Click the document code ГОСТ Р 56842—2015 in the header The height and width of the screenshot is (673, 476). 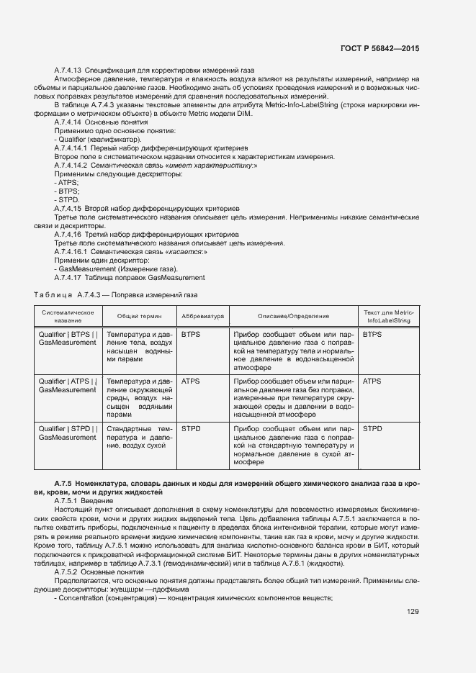point(379,48)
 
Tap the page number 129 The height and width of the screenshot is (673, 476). point(413,613)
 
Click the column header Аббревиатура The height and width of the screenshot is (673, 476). point(203,316)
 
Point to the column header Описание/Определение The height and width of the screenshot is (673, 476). point(293,316)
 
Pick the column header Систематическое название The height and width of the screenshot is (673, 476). point(68,316)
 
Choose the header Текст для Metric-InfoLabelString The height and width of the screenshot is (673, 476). point(389,316)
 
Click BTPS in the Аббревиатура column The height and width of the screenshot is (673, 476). point(192,335)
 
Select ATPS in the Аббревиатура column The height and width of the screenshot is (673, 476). point(192,381)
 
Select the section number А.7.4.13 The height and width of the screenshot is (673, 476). point(69,70)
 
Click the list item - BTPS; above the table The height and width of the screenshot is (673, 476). point(66,191)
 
